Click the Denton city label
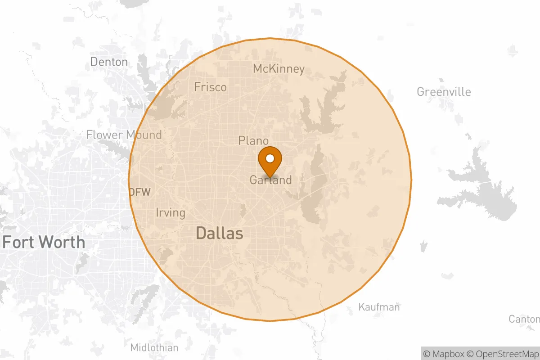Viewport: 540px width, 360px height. (x=109, y=62)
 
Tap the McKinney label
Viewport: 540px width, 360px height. (x=279, y=69)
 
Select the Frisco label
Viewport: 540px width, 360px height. (x=210, y=87)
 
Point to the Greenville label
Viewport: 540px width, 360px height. (x=444, y=92)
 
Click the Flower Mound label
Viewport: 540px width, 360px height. (x=124, y=135)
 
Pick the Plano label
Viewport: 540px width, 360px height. (x=253, y=141)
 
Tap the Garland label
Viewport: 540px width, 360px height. (x=270, y=180)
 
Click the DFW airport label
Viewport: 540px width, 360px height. (x=139, y=192)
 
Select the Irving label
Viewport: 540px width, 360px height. (x=170, y=212)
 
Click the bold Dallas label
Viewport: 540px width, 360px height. (x=220, y=233)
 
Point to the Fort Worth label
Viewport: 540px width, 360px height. (x=44, y=242)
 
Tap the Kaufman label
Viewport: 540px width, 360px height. (x=379, y=307)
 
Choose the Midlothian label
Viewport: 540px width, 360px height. (x=154, y=347)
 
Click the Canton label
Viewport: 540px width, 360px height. (x=524, y=319)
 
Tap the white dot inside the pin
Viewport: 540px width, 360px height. (x=270, y=158)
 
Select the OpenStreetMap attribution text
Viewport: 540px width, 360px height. (x=502, y=354)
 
